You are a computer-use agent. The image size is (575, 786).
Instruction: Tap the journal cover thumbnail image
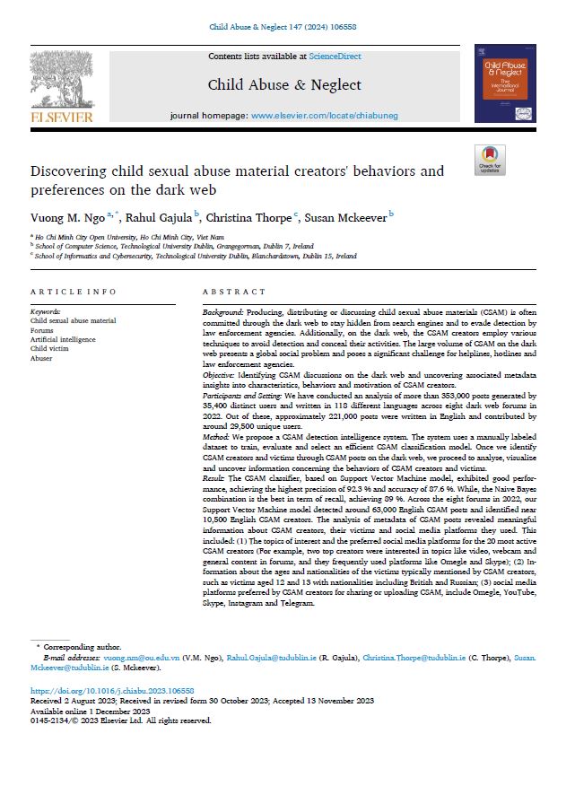[x=505, y=83]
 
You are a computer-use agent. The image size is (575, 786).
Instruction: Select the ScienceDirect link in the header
[x=335, y=56]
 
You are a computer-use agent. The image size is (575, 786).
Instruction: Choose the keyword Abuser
[x=42, y=358]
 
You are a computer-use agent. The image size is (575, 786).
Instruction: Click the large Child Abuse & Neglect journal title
[x=284, y=85]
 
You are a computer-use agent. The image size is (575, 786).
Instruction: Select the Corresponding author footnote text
[x=83, y=647]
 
